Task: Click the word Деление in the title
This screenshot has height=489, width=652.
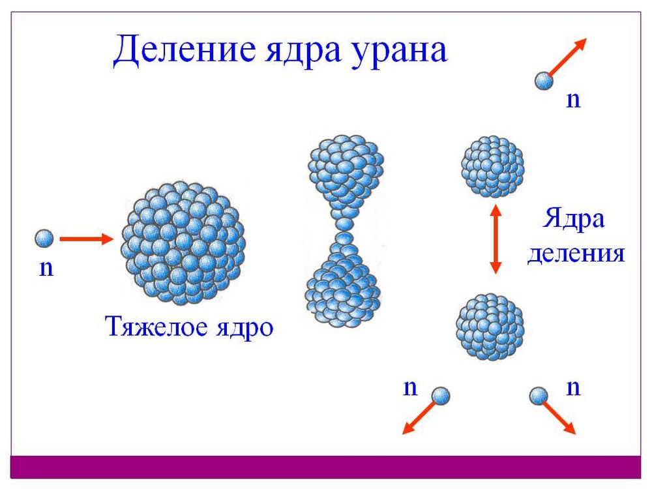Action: coord(185,50)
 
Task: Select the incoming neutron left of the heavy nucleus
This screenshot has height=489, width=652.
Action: coord(44,239)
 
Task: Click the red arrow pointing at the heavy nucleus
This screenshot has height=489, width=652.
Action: coord(87,239)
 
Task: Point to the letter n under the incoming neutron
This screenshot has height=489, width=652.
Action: coord(46,269)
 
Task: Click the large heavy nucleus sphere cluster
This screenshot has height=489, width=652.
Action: coord(183,242)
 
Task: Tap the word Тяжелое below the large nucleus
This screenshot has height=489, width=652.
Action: coord(156,327)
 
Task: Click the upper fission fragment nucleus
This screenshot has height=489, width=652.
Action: coord(493,166)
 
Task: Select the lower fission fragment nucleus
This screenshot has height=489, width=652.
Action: coord(490,327)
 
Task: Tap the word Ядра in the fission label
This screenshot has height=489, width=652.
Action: coord(573,219)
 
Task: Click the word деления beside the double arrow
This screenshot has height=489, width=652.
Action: coord(576,253)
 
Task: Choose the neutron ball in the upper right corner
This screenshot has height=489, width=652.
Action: coord(544,81)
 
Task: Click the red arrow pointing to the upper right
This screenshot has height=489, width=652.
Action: coord(567,57)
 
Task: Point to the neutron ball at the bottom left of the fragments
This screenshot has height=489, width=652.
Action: coord(440,396)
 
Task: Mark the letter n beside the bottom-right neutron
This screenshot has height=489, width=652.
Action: coord(573,388)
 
